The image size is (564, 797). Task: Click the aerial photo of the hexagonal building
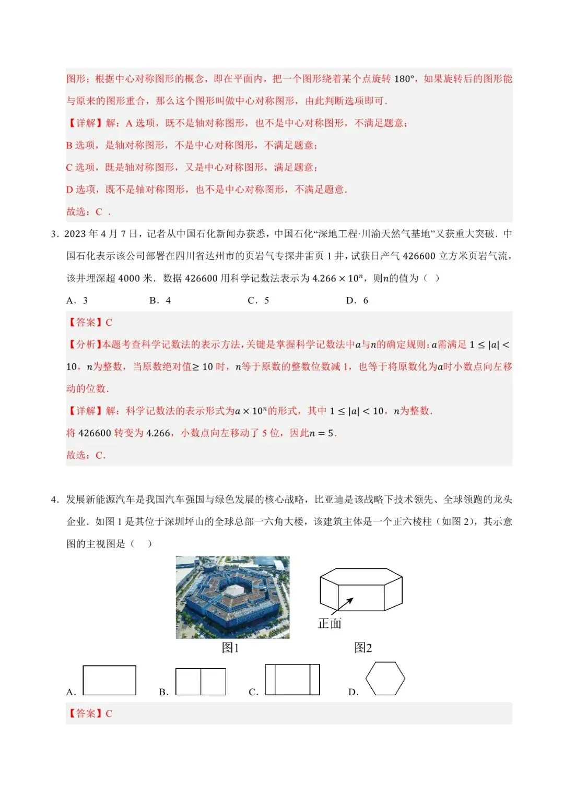pyautogui.click(x=232, y=597)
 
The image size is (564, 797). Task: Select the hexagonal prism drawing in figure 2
pyautogui.click(x=361, y=590)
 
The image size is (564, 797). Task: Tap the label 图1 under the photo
pyautogui.click(x=230, y=648)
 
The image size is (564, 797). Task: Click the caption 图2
pyautogui.click(x=363, y=648)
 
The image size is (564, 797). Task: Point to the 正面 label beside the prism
pyautogui.click(x=330, y=623)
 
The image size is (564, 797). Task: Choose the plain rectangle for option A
pyautogui.click(x=109, y=680)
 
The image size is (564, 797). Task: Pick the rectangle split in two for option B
pyautogui.click(x=201, y=682)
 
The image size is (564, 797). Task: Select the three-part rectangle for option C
pyautogui.click(x=292, y=680)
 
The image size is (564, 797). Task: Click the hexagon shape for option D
pyautogui.click(x=385, y=679)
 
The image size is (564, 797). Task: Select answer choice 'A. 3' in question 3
pyautogui.click(x=77, y=301)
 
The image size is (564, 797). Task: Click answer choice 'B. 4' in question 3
pyautogui.click(x=160, y=301)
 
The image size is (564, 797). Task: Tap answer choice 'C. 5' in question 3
pyautogui.click(x=258, y=301)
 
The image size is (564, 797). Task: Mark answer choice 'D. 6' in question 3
pyautogui.click(x=357, y=301)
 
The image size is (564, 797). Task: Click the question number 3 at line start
pyautogui.click(x=54, y=234)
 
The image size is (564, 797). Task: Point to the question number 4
pyautogui.click(x=54, y=499)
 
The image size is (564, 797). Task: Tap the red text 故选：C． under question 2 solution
pyautogui.click(x=88, y=212)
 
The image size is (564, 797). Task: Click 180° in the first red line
pyautogui.click(x=405, y=79)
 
